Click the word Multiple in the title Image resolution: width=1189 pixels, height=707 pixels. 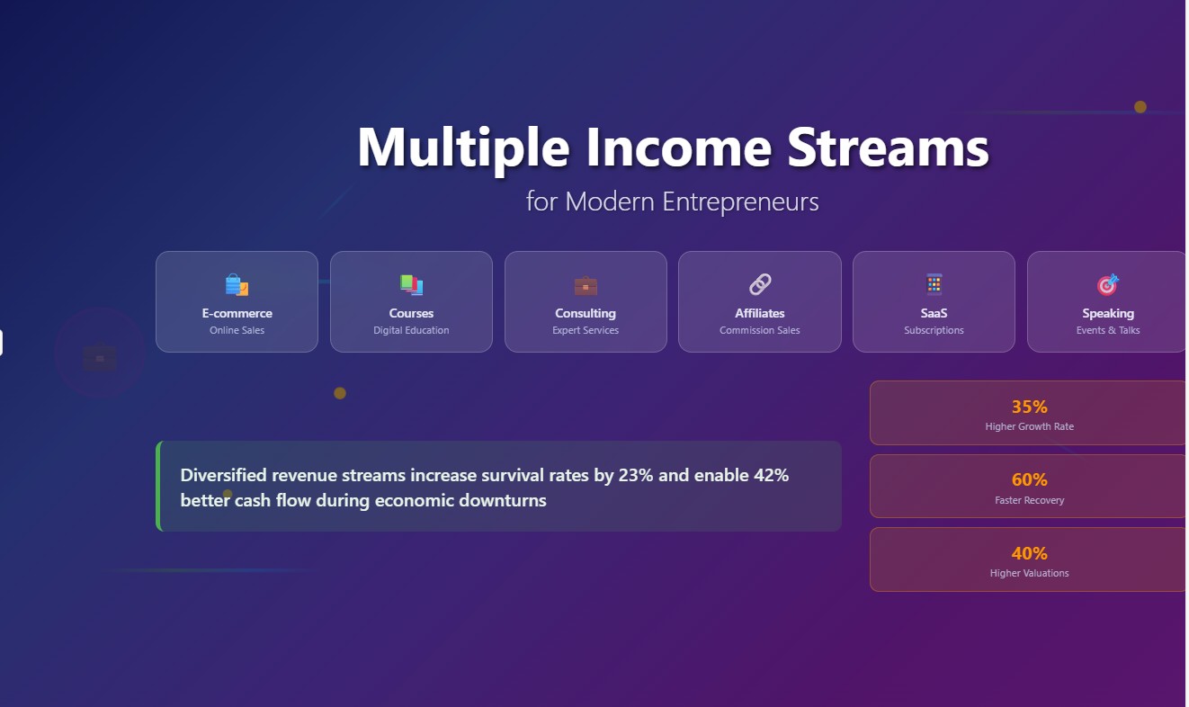(463, 148)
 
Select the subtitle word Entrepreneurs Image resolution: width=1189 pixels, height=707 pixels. (740, 201)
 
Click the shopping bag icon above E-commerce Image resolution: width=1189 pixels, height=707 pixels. (237, 285)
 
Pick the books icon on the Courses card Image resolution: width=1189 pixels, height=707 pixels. (411, 285)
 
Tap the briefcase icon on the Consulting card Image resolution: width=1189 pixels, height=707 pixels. (586, 286)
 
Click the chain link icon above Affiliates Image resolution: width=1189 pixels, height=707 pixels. (760, 285)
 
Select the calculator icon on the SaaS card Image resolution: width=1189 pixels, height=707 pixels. (934, 284)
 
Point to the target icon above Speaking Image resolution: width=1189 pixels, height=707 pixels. (1108, 285)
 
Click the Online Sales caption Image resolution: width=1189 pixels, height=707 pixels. (237, 330)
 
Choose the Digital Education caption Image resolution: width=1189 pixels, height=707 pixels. (411, 330)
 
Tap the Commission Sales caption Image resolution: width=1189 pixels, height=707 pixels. (760, 330)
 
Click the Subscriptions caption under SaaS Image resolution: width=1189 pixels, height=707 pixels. (934, 330)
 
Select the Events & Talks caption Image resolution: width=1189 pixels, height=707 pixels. (1108, 330)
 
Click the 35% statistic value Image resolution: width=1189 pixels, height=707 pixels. (1029, 407)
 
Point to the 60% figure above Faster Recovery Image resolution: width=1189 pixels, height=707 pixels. (1029, 480)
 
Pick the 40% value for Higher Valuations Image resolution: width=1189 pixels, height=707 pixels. (1029, 553)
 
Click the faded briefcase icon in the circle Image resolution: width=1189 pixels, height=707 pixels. (100, 358)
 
